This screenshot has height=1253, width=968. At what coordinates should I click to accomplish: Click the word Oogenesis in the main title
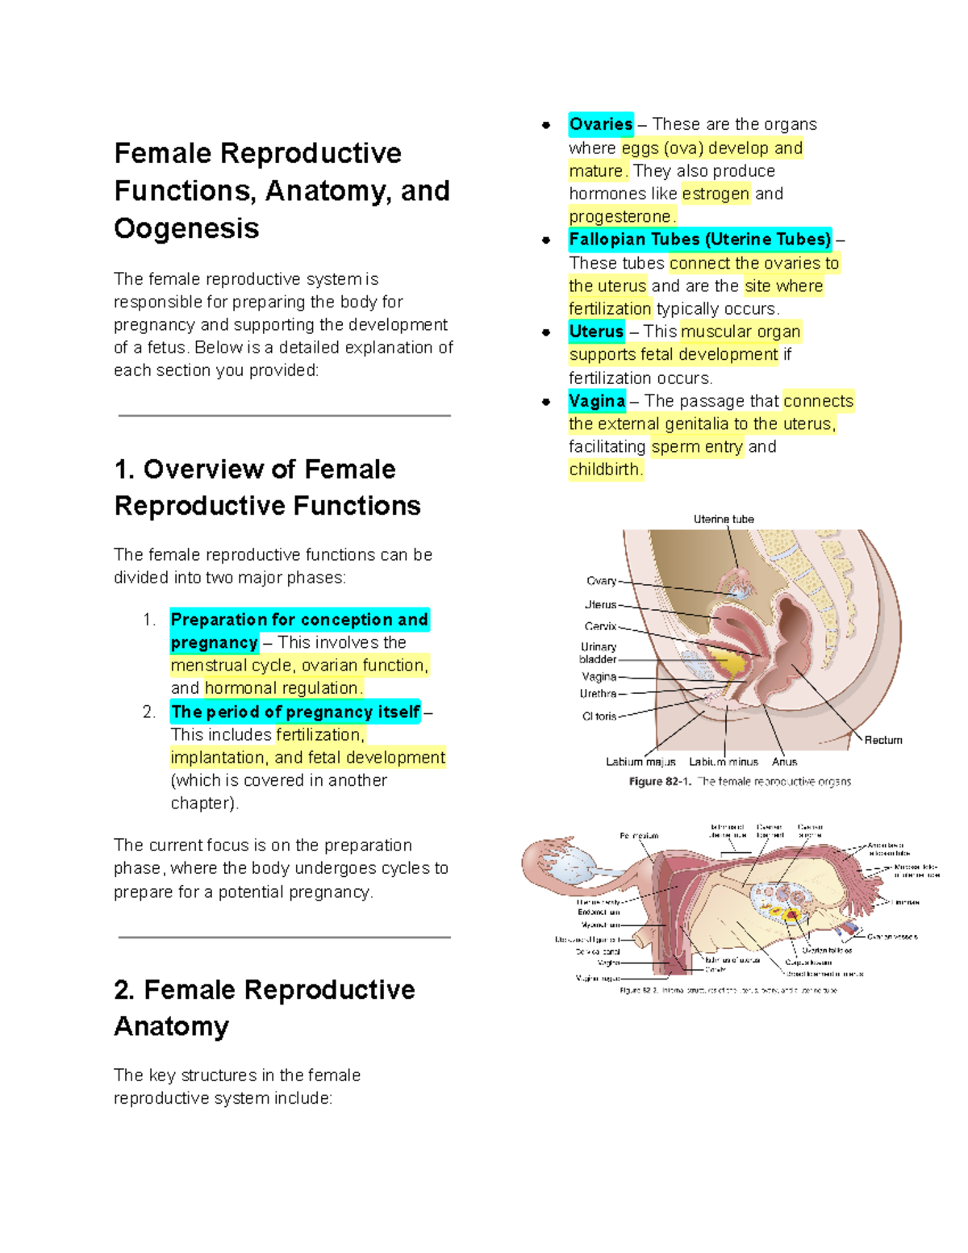pyautogui.click(x=186, y=229)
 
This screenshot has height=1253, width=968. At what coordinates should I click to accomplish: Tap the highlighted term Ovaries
pyautogui.click(x=600, y=124)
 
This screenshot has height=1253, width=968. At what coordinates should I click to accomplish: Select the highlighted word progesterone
pyautogui.click(x=620, y=217)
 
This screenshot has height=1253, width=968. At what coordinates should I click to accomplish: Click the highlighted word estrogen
pyautogui.click(x=715, y=194)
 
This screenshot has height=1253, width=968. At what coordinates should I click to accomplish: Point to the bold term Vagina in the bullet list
pyautogui.click(x=597, y=401)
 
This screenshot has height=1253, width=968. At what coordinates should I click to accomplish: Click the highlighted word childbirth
pyautogui.click(x=605, y=470)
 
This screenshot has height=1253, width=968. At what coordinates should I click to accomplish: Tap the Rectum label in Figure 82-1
pyautogui.click(x=883, y=740)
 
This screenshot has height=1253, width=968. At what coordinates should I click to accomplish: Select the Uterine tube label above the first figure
pyautogui.click(x=724, y=520)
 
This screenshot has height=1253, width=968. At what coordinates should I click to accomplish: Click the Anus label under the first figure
pyautogui.click(x=784, y=762)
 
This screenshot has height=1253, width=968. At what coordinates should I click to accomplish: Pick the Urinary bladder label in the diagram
pyautogui.click(x=598, y=653)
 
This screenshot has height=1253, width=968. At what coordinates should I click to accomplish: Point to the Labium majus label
pyautogui.click(x=640, y=762)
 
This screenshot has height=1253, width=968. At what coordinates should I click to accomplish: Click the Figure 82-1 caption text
pyautogui.click(x=740, y=782)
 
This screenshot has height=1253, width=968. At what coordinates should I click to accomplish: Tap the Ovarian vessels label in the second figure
pyautogui.click(x=892, y=937)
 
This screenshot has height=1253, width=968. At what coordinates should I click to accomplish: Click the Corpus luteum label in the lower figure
pyautogui.click(x=808, y=963)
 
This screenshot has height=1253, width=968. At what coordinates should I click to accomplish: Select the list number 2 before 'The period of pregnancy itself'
pyautogui.click(x=148, y=712)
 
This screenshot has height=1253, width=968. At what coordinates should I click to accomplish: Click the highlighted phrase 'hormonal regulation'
pyautogui.click(x=282, y=688)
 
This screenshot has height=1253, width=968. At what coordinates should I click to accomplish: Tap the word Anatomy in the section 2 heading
pyautogui.click(x=172, y=1026)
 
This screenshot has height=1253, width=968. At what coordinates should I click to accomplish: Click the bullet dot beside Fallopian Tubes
pyautogui.click(x=546, y=240)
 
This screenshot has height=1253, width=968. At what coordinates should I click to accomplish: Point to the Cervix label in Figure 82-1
pyautogui.click(x=600, y=626)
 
